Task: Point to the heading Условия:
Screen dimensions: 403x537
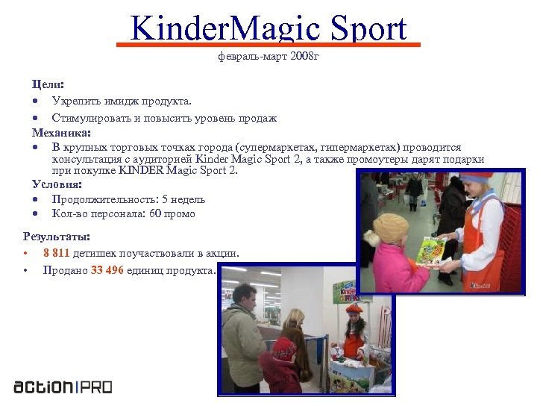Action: (57, 184)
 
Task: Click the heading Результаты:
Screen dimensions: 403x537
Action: (57, 237)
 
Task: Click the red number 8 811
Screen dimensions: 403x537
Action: (57, 253)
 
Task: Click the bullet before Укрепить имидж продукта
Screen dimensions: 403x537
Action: (35, 101)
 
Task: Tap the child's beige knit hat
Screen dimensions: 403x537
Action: (391, 228)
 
